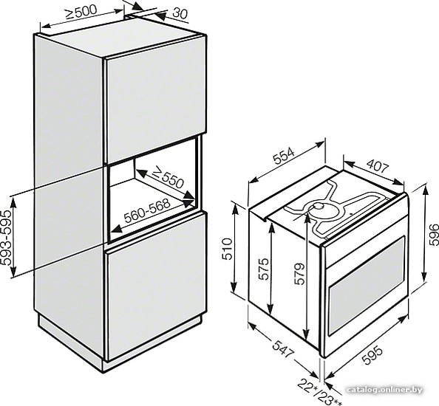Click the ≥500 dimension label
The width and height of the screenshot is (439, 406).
(81, 12)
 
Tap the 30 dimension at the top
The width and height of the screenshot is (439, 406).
(180, 13)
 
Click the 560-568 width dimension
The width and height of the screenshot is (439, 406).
(147, 210)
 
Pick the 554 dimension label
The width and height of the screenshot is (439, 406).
(284, 156)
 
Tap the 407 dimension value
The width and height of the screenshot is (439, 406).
(378, 166)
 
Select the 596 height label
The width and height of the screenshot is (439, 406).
(433, 234)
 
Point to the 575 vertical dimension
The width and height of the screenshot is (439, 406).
(263, 269)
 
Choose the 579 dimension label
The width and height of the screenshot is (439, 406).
(299, 274)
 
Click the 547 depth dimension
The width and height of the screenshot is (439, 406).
(283, 348)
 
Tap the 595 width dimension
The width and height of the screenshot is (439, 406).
(372, 355)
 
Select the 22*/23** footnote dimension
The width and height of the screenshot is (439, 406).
(319, 392)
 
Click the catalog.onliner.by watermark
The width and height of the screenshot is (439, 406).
(384, 390)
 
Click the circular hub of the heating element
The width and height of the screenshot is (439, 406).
(319, 207)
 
